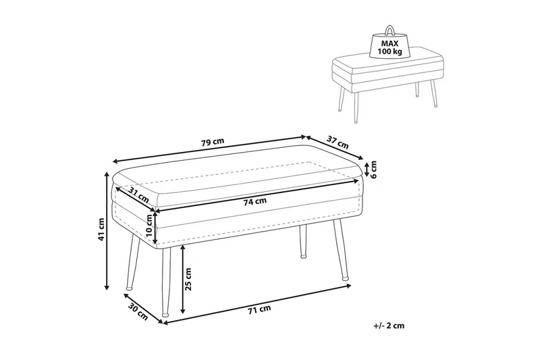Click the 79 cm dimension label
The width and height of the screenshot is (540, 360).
point(213,142)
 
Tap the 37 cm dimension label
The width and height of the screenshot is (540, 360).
point(337,143)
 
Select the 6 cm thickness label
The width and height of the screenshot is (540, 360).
point(374,170)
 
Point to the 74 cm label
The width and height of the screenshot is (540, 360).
point(255,202)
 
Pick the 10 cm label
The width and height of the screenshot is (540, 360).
point(148,225)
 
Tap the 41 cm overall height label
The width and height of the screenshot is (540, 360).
point(101,230)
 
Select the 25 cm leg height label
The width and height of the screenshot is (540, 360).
point(188,279)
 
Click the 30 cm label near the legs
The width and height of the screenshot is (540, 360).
point(138,311)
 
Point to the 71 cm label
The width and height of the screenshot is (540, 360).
point(259,309)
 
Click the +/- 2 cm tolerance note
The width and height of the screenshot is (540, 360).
point(389,326)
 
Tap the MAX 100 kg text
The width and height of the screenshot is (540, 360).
point(390,48)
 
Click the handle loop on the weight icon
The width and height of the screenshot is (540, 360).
point(390,30)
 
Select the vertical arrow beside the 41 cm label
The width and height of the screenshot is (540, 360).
point(107,230)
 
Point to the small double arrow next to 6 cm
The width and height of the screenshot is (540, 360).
point(367,169)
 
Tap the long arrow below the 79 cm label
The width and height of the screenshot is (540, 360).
point(209,149)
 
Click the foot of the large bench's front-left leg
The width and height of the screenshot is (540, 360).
point(165,314)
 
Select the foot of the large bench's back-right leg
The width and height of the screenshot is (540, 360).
point(303,256)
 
